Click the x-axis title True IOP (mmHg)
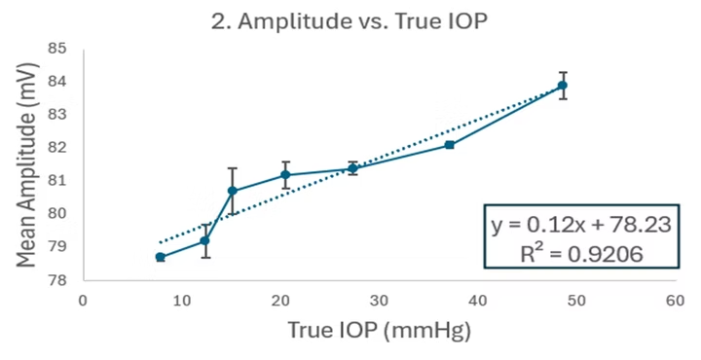coord(379,331)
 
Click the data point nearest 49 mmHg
coord(563,86)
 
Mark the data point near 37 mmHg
coord(450,145)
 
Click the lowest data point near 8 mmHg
coord(161,257)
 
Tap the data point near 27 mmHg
coord(352,168)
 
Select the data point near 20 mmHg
coord(285,175)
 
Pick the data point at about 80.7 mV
coord(233,191)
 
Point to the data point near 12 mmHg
coord(205,240)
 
